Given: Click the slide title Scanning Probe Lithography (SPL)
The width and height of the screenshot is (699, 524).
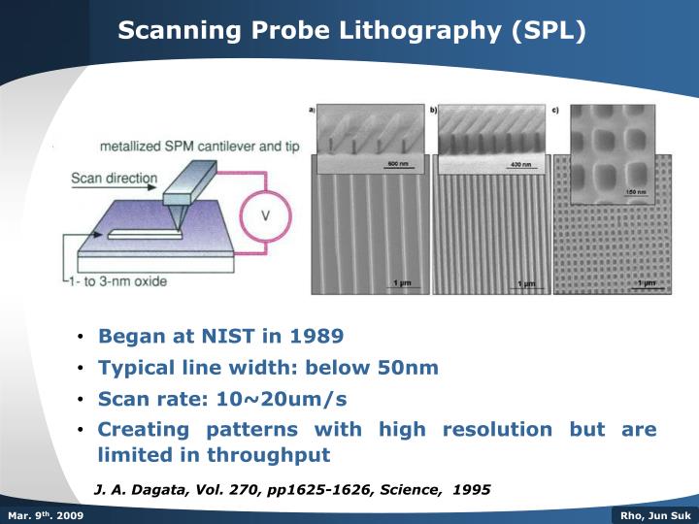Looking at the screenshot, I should click(x=352, y=30).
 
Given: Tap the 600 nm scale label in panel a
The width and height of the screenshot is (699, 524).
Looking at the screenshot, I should click(x=397, y=162).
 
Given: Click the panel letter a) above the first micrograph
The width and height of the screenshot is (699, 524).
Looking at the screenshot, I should click(x=314, y=109).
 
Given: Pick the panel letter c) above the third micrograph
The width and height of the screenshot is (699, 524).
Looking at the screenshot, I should click(x=554, y=109).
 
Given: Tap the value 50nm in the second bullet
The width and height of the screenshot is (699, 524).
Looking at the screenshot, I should click(x=411, y=368).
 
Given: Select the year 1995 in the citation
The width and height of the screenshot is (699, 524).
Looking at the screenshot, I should click(x=471, y=490).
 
